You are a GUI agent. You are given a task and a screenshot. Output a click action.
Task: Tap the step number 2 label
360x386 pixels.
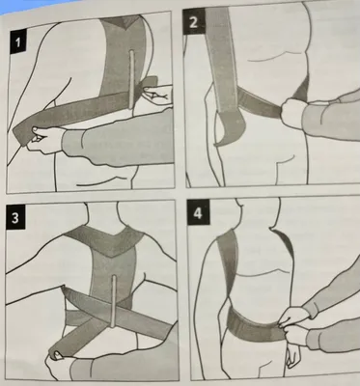coord(194,22)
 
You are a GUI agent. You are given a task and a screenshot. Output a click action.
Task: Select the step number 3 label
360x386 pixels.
coord(15,218)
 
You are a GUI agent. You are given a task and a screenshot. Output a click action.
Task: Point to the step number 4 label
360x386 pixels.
coord(198,213)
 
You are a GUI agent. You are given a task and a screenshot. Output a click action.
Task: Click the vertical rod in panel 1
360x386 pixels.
coord(131,79)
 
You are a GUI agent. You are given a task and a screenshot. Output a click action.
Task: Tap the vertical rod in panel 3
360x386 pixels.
coord(112,302)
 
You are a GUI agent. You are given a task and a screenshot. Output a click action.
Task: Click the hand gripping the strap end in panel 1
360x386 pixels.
coord(46,139)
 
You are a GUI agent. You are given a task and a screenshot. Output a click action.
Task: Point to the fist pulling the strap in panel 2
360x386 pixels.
coord(292,112)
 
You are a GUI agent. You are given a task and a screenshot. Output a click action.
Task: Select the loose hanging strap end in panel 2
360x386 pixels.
coord(229,126)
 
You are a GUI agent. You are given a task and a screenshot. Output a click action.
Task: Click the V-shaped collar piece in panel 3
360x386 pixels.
coord(104,240)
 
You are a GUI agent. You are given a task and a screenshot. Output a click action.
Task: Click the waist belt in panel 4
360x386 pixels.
coord(254,324)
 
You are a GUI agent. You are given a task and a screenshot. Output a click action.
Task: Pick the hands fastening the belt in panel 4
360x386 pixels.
coord(292,325)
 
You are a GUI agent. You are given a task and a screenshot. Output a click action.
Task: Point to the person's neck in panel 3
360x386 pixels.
coord(102,215)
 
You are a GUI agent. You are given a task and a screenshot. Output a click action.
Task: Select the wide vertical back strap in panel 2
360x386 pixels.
coord(222,58)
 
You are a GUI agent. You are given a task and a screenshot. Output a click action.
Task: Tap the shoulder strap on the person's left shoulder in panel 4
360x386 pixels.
coord(228,263)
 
